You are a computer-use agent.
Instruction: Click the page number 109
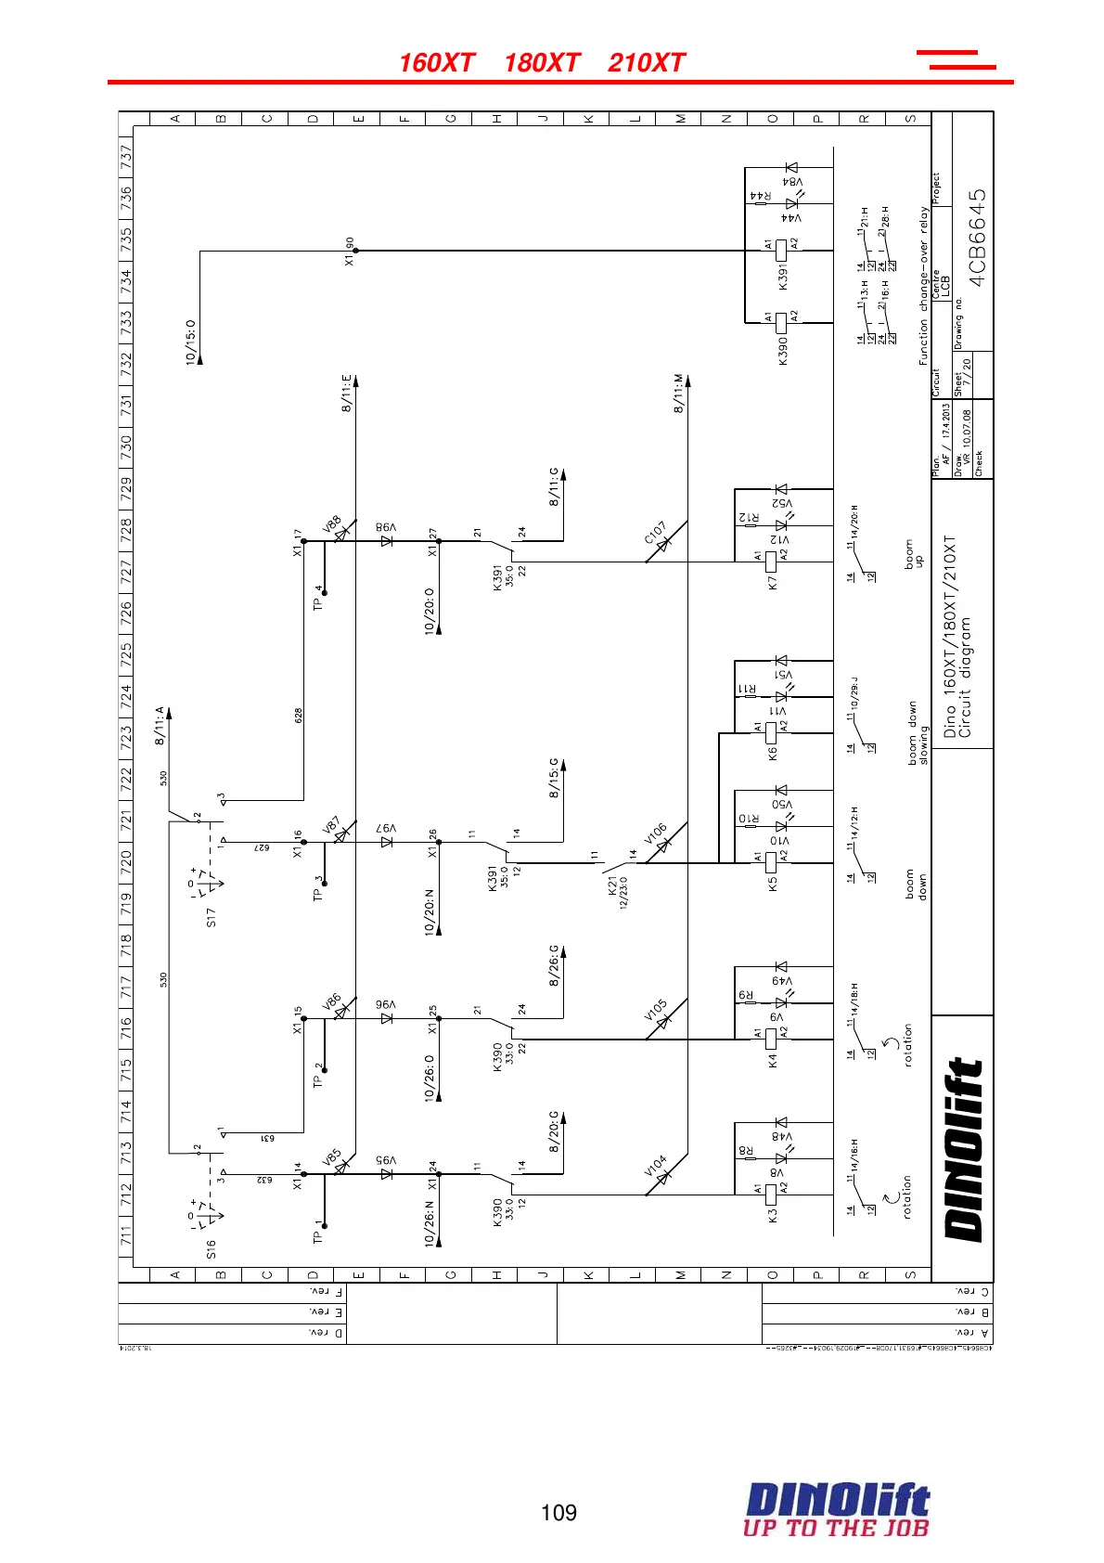558,1513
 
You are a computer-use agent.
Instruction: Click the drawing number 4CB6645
977,239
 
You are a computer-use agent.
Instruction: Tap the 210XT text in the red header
647,63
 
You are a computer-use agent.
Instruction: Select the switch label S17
212,917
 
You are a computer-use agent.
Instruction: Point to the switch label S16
212,1248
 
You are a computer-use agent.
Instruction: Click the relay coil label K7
773,583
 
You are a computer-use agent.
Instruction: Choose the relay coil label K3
773,1213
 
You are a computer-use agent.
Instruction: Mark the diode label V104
655,1166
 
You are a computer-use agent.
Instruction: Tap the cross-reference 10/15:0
191,342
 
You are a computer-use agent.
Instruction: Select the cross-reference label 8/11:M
679,394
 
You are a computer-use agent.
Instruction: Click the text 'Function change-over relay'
924,286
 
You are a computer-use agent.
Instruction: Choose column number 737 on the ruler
126,154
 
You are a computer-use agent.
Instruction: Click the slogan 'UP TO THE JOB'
835,1528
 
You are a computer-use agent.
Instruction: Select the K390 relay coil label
783,350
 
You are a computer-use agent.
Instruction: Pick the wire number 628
299,716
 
